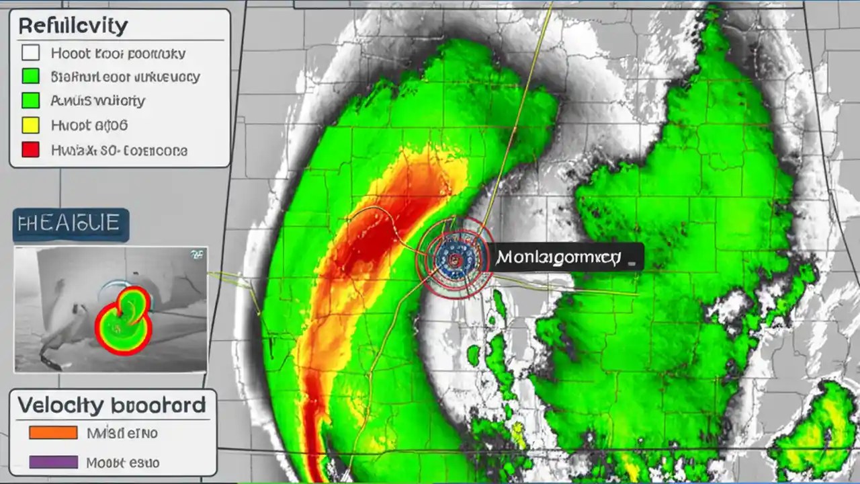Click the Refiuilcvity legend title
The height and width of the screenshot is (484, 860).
point(73,26)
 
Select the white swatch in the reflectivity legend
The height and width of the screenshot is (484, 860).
point(31,53)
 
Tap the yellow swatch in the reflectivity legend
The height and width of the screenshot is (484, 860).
point(31,125)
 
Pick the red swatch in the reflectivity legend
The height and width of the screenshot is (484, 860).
point(31,149)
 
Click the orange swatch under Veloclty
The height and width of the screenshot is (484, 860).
point(53,433)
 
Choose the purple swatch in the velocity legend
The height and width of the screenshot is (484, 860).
point(53,462)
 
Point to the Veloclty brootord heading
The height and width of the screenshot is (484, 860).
point(112,405)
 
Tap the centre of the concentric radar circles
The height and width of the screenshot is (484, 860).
point(455,258)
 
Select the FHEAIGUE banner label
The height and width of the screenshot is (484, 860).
point(70,224)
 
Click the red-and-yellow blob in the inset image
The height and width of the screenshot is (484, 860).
point(124,320)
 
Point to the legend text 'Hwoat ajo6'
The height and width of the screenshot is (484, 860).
point(89,125)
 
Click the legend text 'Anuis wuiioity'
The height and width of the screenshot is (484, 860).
point(97,101)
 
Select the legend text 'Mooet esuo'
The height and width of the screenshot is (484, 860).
point(123,462)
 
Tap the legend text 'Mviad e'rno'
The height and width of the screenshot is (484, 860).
point(122,433)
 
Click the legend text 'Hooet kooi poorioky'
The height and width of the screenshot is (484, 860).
point(118,53)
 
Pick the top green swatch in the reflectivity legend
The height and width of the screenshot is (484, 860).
point(31,77)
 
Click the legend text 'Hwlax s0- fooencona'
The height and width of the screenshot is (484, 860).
point(119,150)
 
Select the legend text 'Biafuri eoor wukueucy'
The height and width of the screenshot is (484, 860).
point(125,77)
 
